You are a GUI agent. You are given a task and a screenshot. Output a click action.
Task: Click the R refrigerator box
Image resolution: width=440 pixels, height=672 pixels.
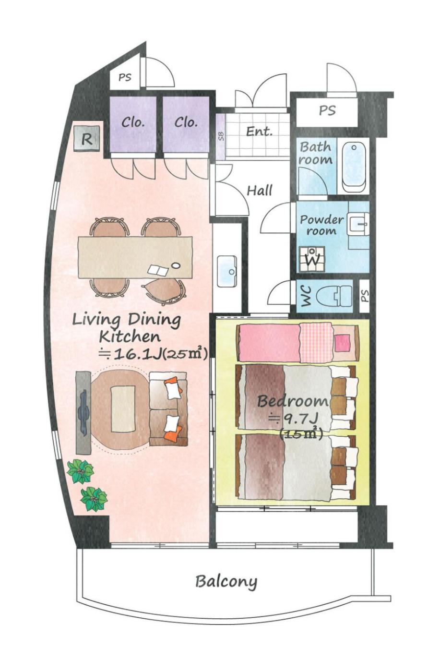(86, 139)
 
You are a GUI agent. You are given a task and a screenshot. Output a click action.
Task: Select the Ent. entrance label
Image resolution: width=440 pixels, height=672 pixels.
(259, 131)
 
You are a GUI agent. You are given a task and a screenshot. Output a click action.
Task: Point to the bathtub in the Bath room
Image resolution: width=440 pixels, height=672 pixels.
(354, 167)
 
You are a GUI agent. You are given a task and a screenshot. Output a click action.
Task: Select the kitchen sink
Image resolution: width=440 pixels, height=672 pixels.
(227, 271)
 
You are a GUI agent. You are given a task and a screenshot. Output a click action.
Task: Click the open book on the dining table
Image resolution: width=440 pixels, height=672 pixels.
(158, 270)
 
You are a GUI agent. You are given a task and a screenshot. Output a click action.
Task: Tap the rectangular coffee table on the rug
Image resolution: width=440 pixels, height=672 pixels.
(123, 408)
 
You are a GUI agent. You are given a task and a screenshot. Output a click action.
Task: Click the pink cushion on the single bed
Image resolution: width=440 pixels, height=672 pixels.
(342, 343)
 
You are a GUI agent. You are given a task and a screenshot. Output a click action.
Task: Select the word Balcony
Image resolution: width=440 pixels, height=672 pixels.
(226, 582)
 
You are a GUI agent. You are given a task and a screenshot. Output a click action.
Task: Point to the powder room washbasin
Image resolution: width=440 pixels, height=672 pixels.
(357, 224)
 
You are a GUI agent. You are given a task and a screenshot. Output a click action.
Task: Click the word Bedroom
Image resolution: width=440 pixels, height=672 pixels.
(292, 401)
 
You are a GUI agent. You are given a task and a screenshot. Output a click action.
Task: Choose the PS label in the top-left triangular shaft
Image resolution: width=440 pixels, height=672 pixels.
(125, 77)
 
